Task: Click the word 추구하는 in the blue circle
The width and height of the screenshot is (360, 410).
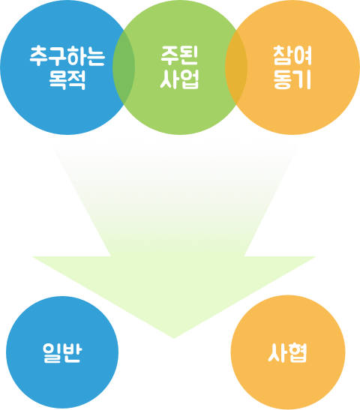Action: coord(67,55)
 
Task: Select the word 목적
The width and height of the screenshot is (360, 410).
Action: coord(67,79)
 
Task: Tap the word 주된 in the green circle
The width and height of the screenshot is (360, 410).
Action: coord(179,55)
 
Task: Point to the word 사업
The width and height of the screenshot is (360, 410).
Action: coord(179,79)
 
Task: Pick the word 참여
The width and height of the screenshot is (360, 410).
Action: coord(292,55)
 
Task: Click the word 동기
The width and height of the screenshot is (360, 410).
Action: coord(292,79)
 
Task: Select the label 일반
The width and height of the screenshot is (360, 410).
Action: coord(62,352)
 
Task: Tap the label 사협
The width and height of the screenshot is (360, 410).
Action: coord(287,352)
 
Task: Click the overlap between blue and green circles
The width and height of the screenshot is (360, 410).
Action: coord(124,67)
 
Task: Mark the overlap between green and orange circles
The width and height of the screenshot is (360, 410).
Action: coord(236,67)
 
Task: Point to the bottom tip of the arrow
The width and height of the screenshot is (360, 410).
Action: coord(174,339)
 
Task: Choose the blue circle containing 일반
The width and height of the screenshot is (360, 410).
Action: coord(62,352)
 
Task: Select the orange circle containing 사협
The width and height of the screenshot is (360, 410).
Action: coord(288,352)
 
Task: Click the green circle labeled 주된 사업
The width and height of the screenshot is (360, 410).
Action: coord(180,67)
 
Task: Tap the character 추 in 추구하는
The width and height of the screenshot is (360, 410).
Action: coord(39,55)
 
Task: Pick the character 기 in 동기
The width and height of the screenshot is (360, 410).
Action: coord(303,79)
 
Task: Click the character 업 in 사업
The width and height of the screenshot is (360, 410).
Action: coord(190,79)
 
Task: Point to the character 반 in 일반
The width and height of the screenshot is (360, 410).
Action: coord(73,352)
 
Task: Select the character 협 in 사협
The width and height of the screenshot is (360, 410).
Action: coord(297,352)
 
